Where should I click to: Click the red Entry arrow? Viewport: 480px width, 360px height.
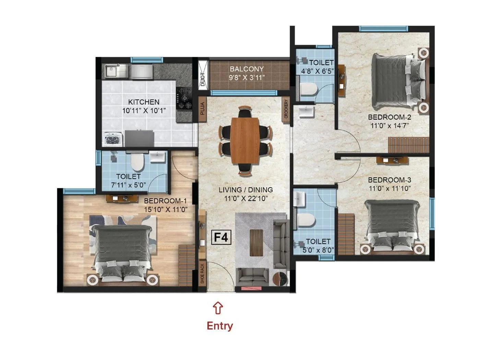coord(219,308)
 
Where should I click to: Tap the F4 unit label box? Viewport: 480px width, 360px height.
coord(221,237)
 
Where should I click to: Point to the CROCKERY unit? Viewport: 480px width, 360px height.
coord(286,109)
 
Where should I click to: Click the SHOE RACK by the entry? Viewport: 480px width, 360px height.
coord(202,274)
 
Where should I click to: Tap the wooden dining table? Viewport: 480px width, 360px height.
coord(244,141)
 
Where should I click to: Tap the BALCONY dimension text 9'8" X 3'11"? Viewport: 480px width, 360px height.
coord(247,77)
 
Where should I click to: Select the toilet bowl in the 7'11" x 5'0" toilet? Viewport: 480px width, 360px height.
coord(137,163)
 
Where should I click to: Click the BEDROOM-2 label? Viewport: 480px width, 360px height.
coord(390,117)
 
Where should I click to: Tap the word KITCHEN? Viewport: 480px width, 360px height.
coord(144,102)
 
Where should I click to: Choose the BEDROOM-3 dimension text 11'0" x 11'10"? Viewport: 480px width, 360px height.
coord(389,188)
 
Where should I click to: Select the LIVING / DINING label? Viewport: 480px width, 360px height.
coord(246,190)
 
